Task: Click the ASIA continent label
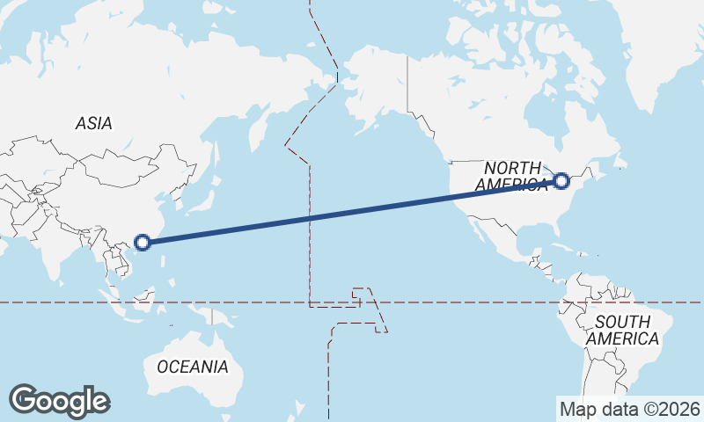93,124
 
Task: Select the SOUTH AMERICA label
622,330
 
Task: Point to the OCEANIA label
193,366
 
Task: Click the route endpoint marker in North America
562,181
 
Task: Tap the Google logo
59,400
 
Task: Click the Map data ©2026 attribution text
629,409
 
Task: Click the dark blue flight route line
352,211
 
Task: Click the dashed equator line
440,302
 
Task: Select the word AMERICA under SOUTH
622,338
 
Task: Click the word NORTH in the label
514,167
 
